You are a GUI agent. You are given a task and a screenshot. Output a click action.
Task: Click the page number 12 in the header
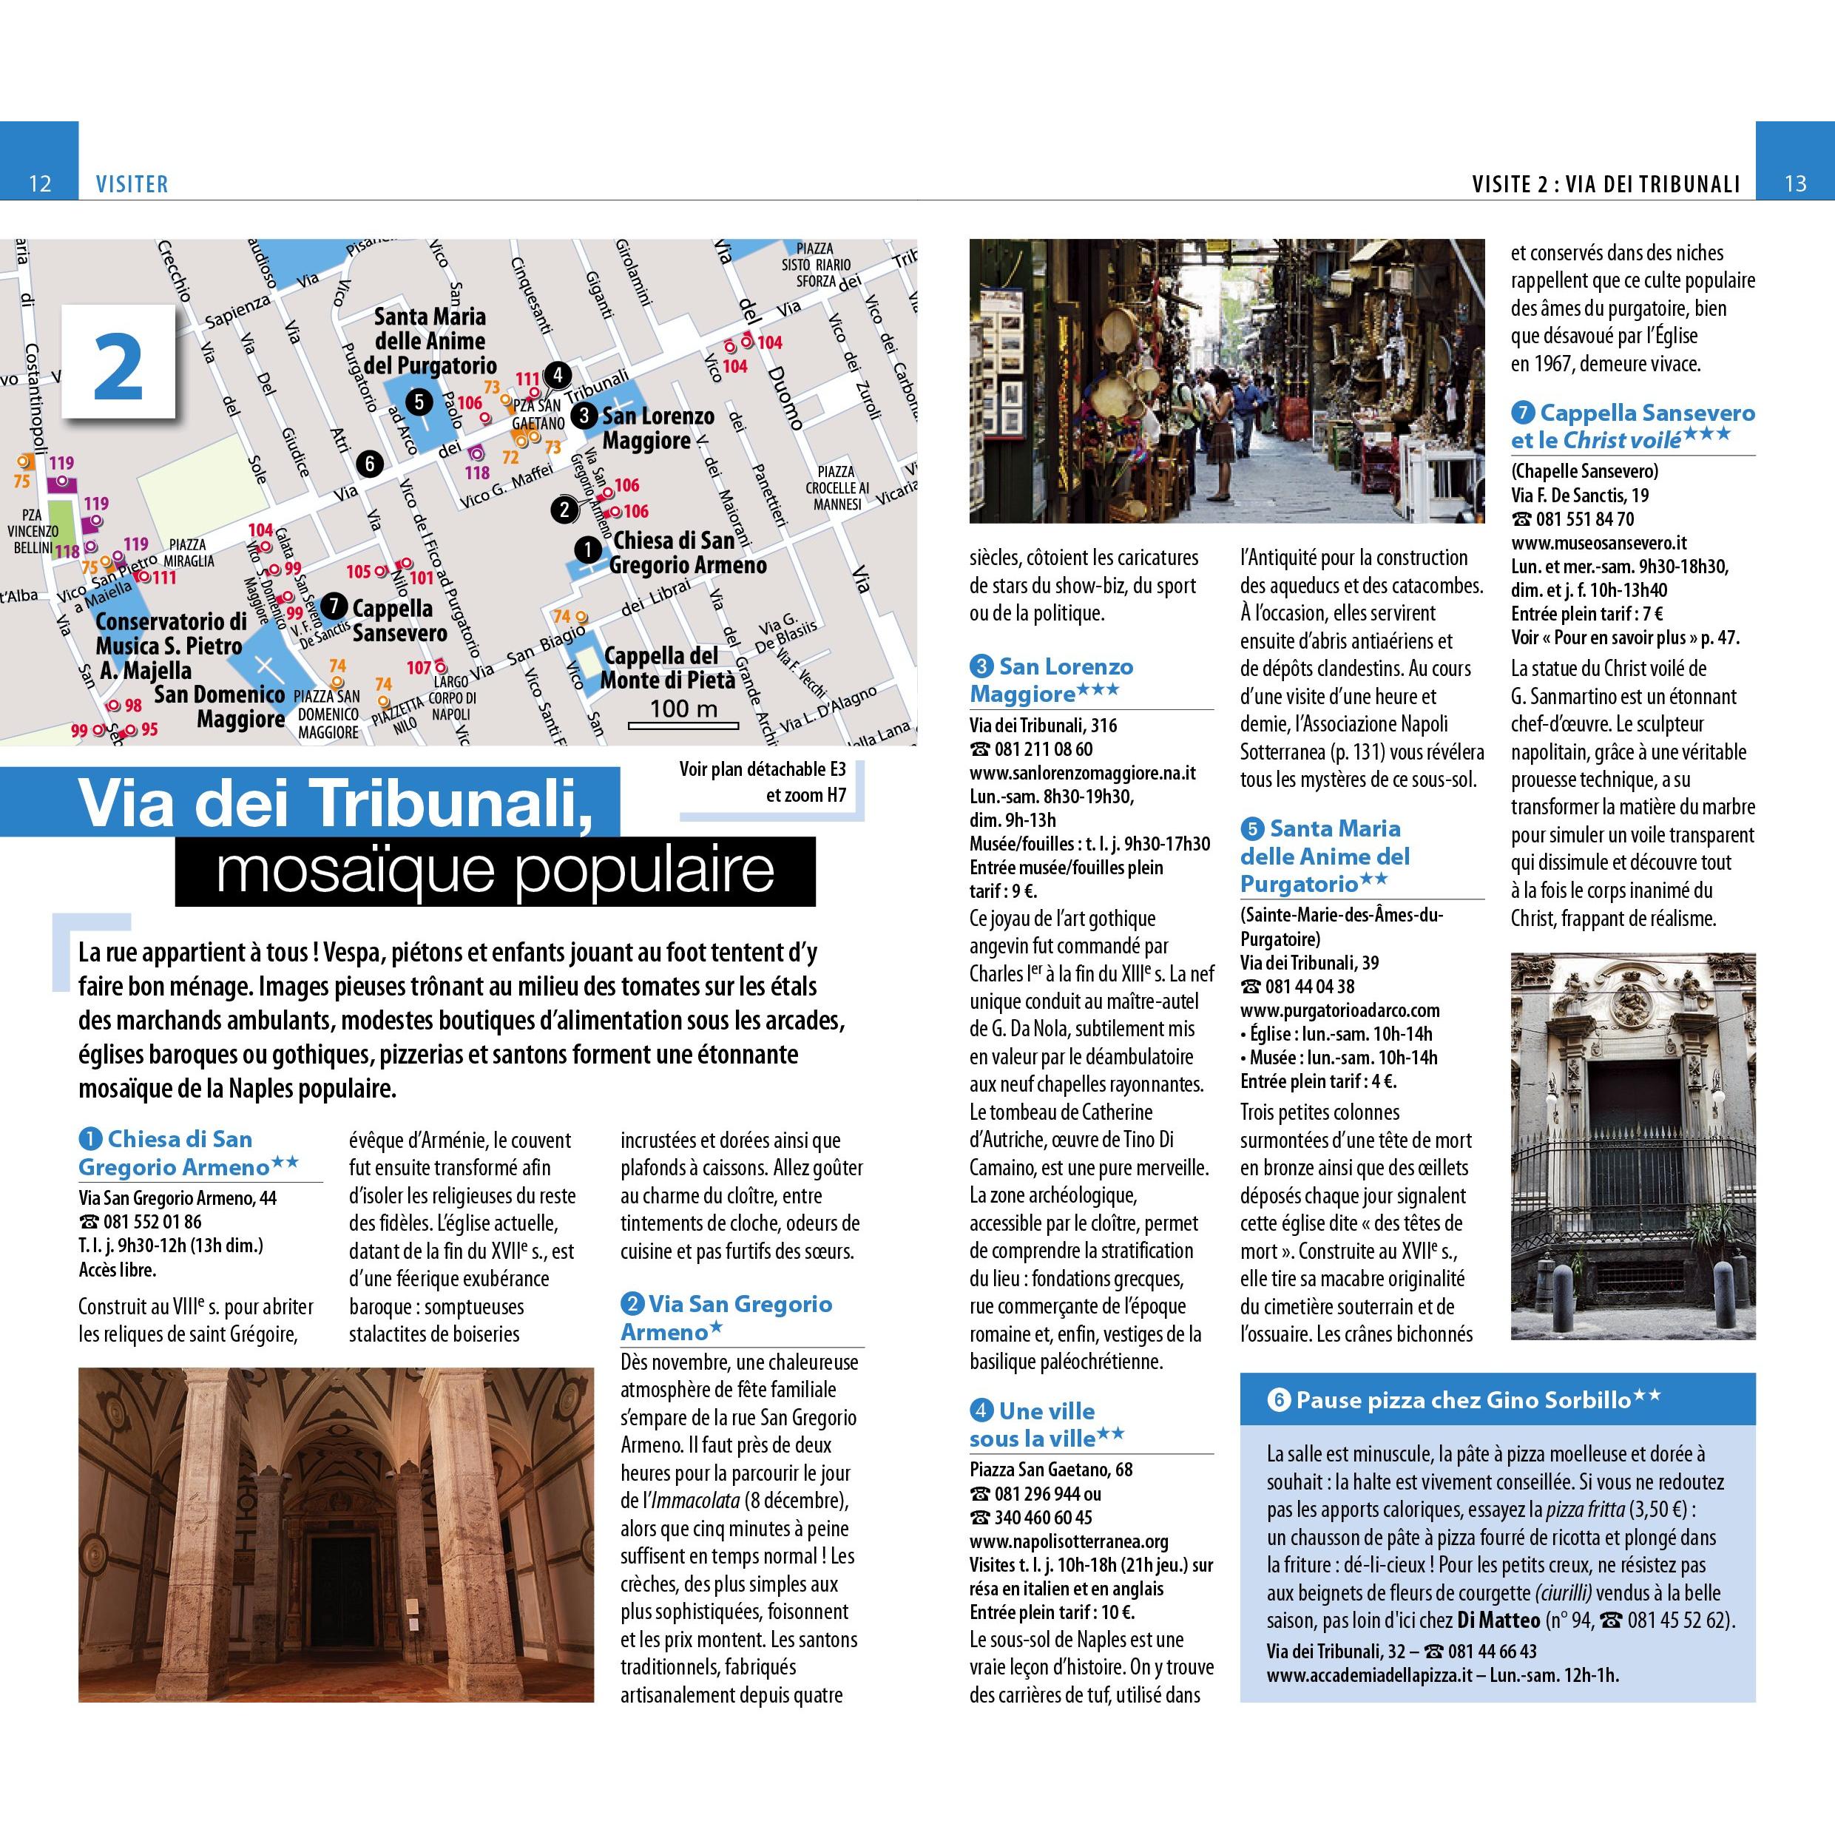(x=40, y=183)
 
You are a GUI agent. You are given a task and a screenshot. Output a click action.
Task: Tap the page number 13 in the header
(x=1794, y=183)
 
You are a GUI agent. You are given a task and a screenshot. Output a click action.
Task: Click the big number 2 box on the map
(x=120, y=362)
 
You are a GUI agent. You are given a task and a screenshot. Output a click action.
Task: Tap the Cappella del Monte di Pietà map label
(x=669, y=668)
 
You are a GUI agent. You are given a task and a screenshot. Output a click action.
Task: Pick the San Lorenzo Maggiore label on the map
(x=658, y=428)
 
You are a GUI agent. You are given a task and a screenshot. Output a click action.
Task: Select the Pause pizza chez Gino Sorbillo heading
(x=1464, y=1400)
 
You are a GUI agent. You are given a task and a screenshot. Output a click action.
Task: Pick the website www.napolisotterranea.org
(x=1069, y=1541)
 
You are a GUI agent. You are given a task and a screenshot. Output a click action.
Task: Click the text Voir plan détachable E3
(x=762, y=769)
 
